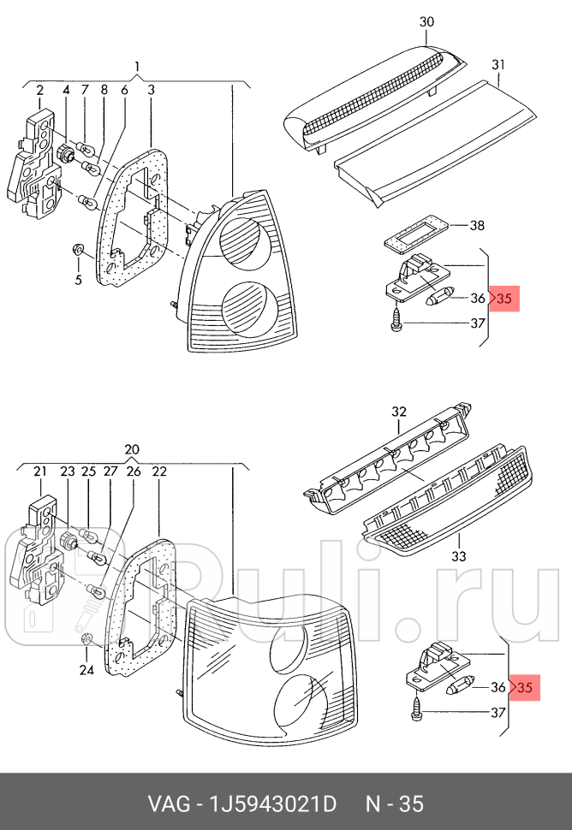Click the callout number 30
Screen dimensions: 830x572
click(x=427, y=21)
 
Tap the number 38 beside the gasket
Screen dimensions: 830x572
click(x=477, y=226)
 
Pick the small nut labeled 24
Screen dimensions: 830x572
click(x=86, y=640)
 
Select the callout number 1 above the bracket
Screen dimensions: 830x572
click(x=136, y=67)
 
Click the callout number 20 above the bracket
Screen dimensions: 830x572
click(x=130, y=450)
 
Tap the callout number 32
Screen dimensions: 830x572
click(x=399, y=412)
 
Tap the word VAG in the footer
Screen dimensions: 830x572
click(x=167, y=804)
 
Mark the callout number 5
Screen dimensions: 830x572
click(x=77, y=279)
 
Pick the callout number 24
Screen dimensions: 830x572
click(x=85, y=670)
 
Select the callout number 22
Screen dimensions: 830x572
click(x=159, y=471)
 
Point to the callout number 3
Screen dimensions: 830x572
click(x=150, y=90)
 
